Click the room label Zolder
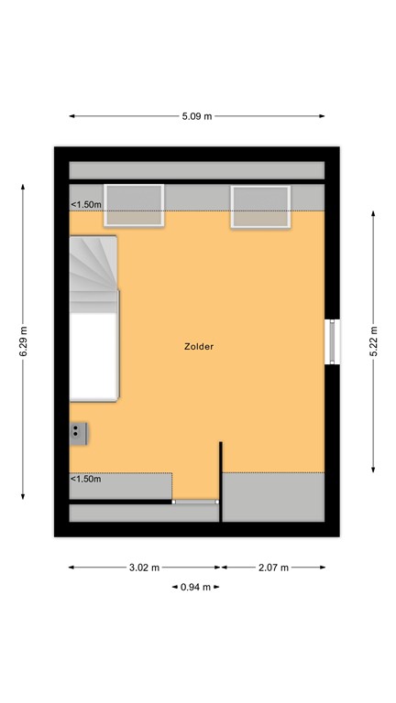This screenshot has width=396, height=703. [198, 347]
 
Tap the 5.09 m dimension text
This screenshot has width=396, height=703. [198, 116]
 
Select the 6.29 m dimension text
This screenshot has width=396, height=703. [24, 341]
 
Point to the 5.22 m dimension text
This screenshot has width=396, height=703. [374, 341]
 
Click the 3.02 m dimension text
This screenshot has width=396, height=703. [145, 568]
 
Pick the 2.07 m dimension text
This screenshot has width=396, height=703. [272, 568]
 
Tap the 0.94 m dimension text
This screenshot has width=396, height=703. [193, 587]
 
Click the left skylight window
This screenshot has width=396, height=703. [134, 205]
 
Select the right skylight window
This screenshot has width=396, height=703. [260, 206]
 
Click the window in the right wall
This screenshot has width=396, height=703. [333, 341]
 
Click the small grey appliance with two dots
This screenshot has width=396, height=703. [78, 433]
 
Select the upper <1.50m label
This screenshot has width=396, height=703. [86, 204]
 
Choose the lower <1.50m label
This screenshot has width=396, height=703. [86, 479]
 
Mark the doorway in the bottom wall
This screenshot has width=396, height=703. [195, 502]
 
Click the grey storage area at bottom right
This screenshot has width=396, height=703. [273, 496]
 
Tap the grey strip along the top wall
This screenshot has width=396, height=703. [197, 170]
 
